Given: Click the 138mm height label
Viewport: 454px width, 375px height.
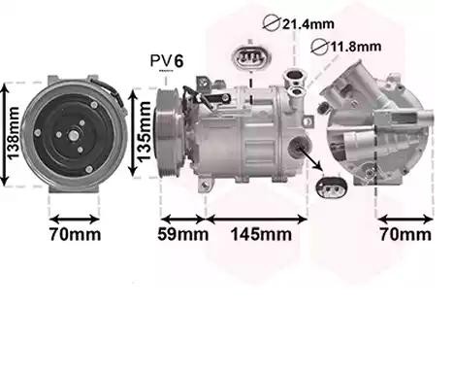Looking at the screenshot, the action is point(13,133).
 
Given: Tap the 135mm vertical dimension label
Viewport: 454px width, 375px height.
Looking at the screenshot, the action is point(145,131).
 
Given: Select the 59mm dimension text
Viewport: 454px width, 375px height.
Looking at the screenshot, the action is point(183,234).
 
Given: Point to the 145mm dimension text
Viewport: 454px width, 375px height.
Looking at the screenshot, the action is point(261,234).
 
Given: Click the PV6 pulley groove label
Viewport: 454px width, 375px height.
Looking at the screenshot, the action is point(167,60).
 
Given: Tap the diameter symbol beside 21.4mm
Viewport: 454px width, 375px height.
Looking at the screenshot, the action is point(271,23).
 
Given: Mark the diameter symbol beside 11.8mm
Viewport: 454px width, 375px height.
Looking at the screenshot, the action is point(319,47).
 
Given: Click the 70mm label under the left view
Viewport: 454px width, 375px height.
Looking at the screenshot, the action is point(75,234).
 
